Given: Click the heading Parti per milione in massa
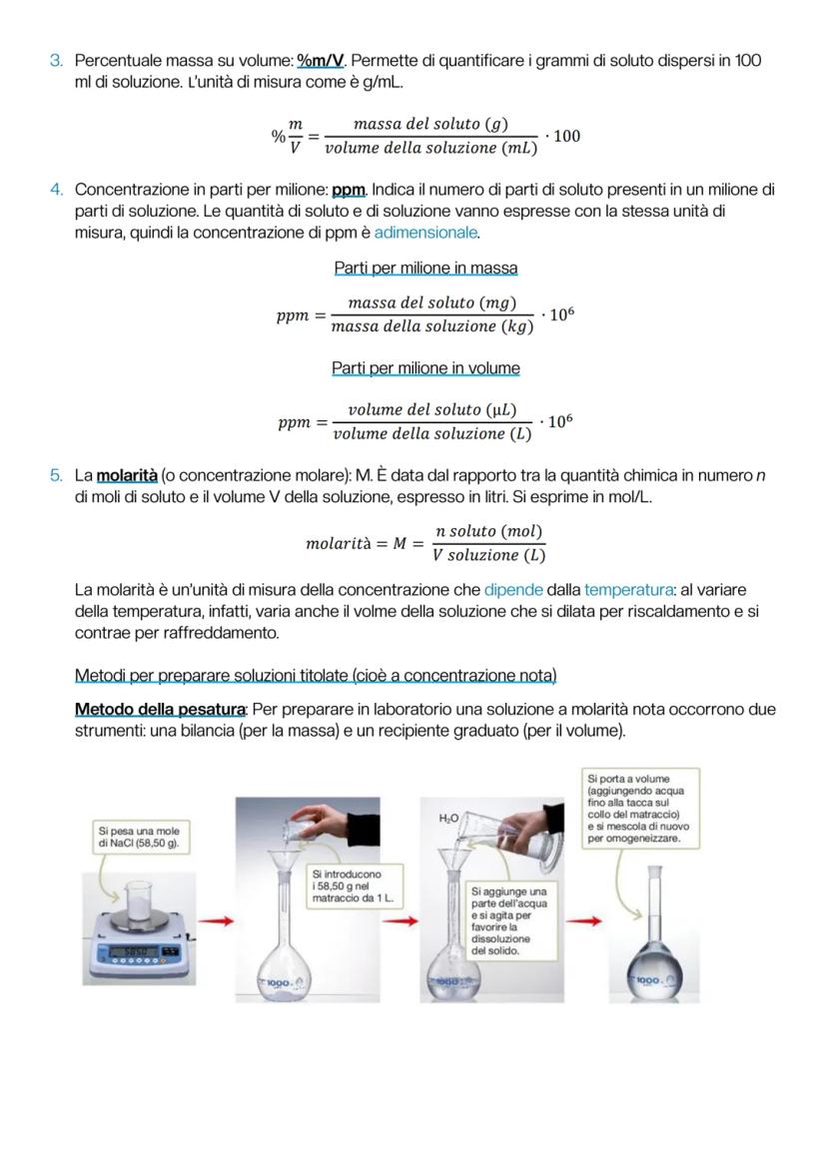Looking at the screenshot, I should point(425,269).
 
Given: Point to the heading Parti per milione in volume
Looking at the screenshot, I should point(425,368).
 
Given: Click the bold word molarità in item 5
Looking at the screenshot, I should point(127,475).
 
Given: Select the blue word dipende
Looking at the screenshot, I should point(513,590).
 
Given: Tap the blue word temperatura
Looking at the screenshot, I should point(628,590).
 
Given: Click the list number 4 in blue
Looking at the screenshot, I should point(57,190).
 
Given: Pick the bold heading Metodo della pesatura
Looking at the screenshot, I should point(160,709).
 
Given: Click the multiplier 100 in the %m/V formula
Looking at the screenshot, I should point(566,136).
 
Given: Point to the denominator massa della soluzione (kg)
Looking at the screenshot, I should point(431,327).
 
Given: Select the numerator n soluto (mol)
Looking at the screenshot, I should point(489,531).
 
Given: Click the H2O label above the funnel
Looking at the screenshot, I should point(448,818).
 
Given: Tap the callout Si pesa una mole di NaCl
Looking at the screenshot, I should point(140,837).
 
